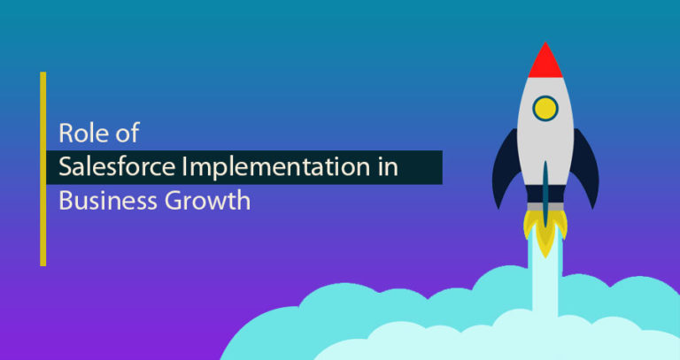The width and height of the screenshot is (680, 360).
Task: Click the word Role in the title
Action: [80, 133]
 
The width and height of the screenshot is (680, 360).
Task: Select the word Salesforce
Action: [117, 167]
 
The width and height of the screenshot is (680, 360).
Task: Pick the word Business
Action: [107, 201]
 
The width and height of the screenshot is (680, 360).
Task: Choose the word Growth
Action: [207, 201]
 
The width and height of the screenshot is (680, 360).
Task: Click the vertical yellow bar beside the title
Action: [42, 169]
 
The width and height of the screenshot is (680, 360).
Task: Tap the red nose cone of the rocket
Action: [545, 61]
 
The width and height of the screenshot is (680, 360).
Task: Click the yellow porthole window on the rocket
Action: [545, 108]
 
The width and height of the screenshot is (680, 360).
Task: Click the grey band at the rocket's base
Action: [545, 207]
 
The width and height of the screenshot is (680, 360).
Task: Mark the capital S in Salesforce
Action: [65, 167]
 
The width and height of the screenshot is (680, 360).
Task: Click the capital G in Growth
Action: [173, 202]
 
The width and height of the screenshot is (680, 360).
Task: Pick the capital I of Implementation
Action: [184, 167]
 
